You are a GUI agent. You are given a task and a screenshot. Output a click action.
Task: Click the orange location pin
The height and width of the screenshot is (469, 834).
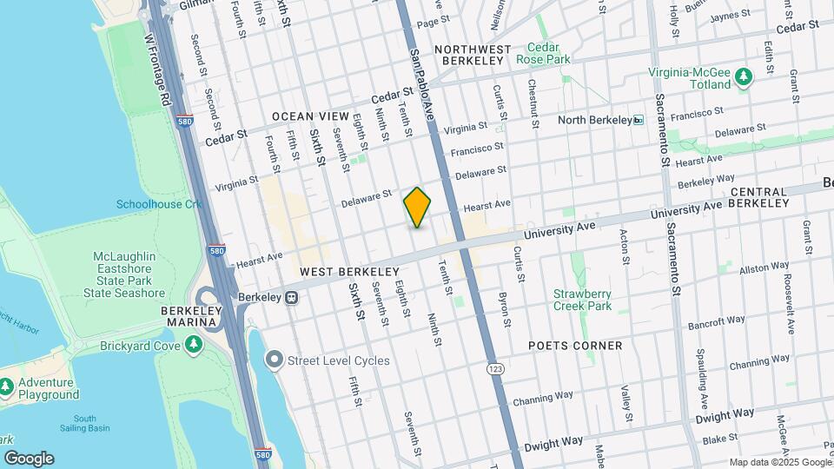pyautogui.click(x=417, y=207)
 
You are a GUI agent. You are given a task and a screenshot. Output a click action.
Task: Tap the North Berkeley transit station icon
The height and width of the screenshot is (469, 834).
pyautogui.click(x=639, y=120)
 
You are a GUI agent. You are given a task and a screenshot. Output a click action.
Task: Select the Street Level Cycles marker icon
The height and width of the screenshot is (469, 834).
pyautogui.click(x=275, y=360)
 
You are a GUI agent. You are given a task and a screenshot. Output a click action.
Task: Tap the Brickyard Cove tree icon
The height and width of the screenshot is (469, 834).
pyautogui.click(x=195, y=345)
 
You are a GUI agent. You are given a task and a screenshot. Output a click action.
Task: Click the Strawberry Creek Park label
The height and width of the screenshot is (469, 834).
pyautogui.click(x=582, y=300)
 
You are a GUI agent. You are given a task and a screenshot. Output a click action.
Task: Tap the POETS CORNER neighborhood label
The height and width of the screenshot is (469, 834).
pyautogui.click(x=575, y=345)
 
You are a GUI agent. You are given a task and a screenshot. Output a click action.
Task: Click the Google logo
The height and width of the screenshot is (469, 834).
pyautogui.click(x=29, y=458)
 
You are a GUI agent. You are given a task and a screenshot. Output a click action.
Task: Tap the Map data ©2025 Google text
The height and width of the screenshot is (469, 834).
pyautogui.click(x=779, y=462)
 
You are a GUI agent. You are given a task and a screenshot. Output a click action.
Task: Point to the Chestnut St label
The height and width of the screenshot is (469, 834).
pyautogui.click(x=533, y=104)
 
